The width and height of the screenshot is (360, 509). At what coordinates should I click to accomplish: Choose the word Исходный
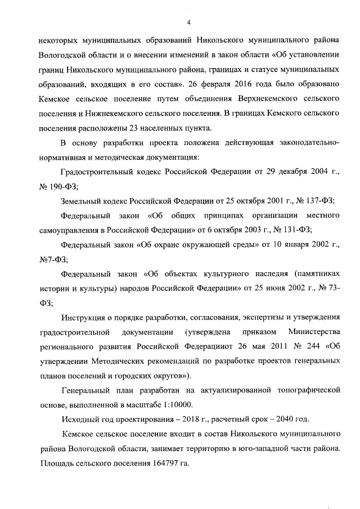point(82,420)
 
